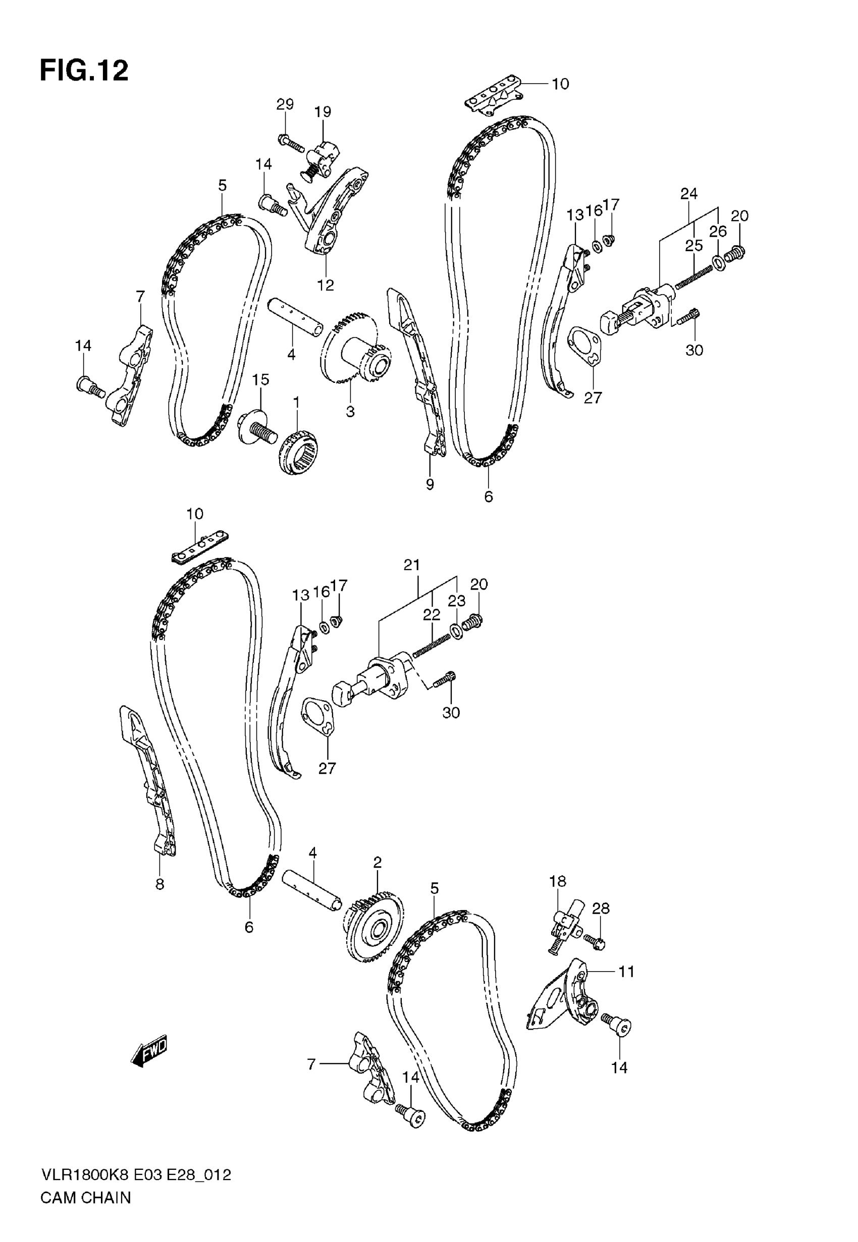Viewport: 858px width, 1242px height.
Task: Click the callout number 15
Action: click(261, 379)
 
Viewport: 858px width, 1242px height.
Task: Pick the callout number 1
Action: click(296, 402)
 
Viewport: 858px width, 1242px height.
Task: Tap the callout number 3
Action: click(350, 412)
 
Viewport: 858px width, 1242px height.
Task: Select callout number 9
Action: click(430, 485)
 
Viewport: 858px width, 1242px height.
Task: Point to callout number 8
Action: click(159, 884)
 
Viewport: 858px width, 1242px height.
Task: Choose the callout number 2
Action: click(378, 862)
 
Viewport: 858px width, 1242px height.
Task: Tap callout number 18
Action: click(558, 881)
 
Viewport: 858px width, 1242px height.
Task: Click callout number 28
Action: click(601, 909)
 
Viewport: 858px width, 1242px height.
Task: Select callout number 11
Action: click(626, 971)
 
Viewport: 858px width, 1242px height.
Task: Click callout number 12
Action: click(325, 285)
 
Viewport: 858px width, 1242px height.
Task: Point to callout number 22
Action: click(431, 614)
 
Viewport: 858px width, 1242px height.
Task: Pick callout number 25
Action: click(693, 246)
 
